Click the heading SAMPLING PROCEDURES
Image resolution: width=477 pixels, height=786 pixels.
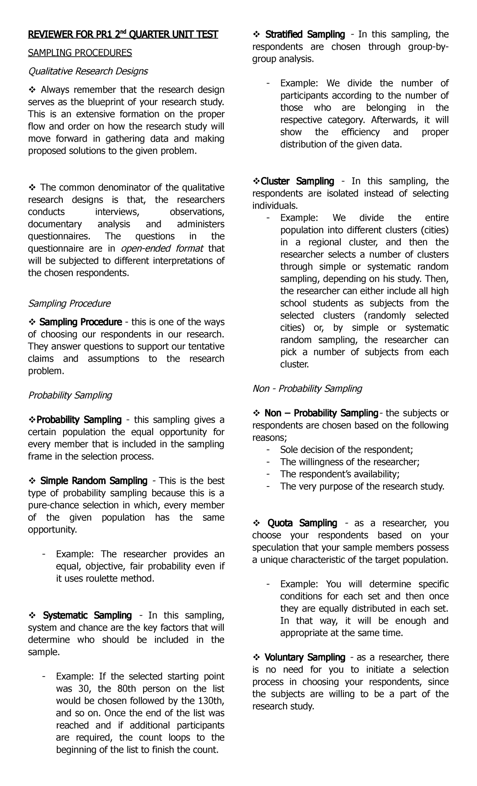(79, 53)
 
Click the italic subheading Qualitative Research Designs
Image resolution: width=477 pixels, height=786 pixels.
(87, 71)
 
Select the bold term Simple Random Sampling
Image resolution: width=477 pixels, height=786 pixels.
(94, 481)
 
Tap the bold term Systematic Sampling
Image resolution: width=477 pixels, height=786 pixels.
(87, 615)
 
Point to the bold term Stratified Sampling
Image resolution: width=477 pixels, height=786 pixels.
(305, 35)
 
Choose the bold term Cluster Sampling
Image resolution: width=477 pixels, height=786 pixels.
(297, 181)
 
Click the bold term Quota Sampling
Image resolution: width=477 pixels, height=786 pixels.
(302, 523)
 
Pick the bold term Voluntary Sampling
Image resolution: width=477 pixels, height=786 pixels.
(305, 658)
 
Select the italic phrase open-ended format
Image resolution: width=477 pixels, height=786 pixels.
(162, 249)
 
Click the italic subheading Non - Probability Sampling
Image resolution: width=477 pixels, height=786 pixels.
(307, 389)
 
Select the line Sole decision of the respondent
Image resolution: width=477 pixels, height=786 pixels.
(347, 450)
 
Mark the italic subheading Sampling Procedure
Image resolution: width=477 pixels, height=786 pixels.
(69, 304)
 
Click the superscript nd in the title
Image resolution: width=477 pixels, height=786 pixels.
(124, 32)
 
